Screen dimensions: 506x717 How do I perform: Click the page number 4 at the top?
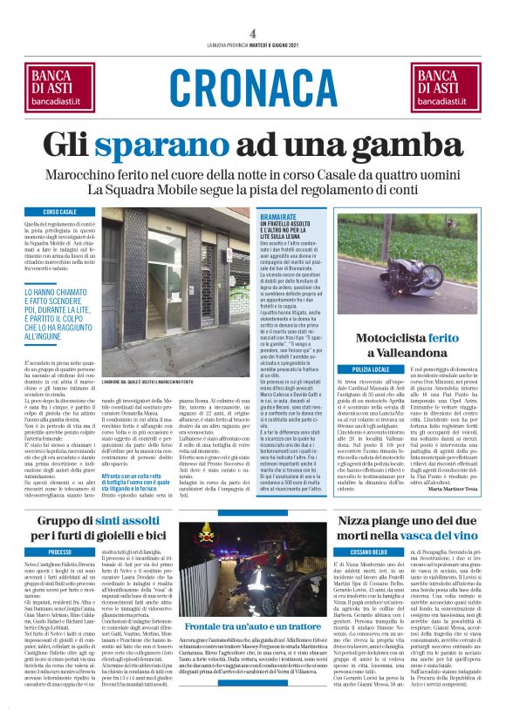click(x=252, y=33)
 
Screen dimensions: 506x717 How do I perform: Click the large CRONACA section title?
click(x=252, y=85)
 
